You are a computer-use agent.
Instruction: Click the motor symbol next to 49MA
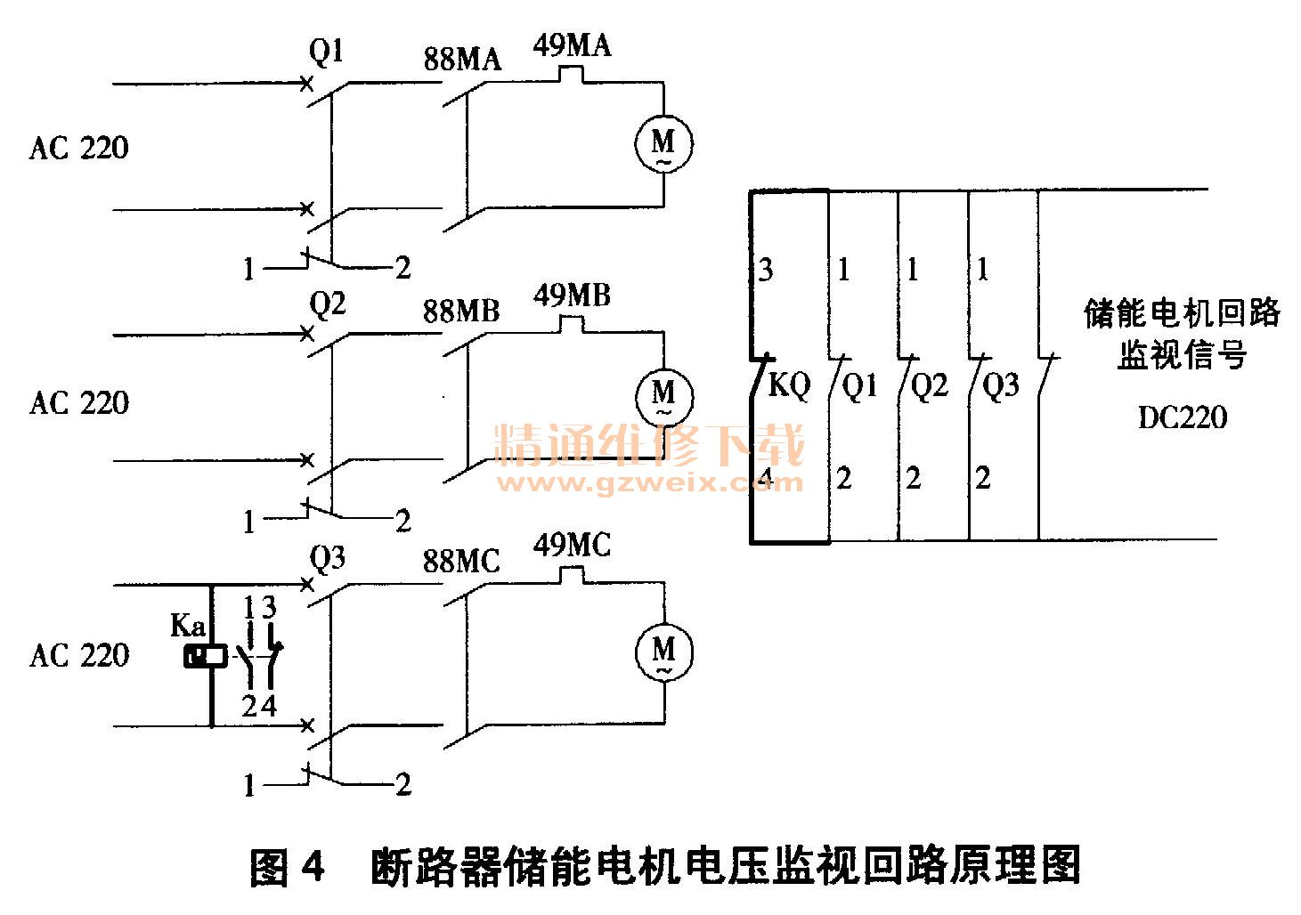663,142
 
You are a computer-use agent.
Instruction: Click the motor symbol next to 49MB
663,394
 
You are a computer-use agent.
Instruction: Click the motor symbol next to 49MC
663,651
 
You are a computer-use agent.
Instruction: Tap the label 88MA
462,60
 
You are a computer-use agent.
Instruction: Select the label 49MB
572,296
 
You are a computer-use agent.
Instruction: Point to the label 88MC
461,562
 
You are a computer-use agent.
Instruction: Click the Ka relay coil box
205,657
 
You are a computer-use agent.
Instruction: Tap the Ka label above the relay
188,626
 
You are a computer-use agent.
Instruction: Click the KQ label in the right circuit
789,385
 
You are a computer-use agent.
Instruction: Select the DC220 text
1182,417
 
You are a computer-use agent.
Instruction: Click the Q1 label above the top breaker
326,52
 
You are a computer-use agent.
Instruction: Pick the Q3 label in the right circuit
1000,385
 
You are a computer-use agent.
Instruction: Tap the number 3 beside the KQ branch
765,270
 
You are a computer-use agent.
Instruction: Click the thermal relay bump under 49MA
572,75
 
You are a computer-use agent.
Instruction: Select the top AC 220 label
78,148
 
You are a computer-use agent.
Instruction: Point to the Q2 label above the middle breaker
327,304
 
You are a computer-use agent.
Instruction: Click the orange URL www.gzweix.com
649,483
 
